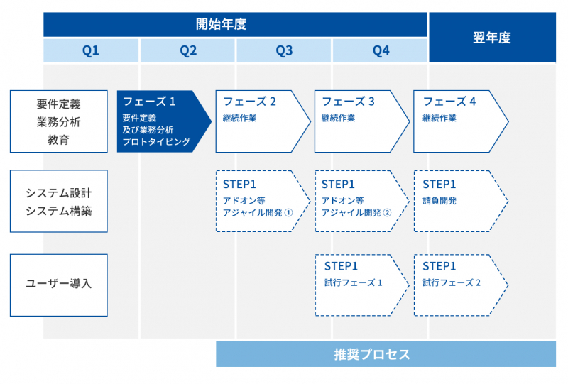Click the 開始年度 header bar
[x=235, y=24]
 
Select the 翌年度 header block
[x=491, y=38]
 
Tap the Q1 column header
[x=91, y=50]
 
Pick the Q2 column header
[x=187, y=50]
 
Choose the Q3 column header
[x=284, y=50]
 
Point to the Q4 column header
[x=381, y=50]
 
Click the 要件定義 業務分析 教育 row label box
[x=59, y=121]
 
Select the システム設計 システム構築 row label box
[x=59, y=201]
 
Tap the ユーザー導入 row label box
[x=59, y=285]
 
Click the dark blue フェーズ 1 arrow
[x=162, y=121]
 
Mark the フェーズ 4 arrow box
[x=459, y=121]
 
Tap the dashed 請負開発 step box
[x=459, y=201]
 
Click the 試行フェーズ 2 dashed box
[x=459, y=285]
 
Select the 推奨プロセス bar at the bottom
[x=386, y=354]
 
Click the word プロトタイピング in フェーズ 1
[x=156, y=142]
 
